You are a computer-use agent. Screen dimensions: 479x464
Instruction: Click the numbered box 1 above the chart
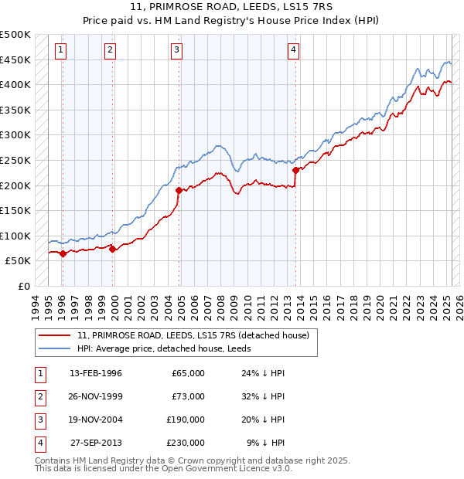click(x=61, y=50)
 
